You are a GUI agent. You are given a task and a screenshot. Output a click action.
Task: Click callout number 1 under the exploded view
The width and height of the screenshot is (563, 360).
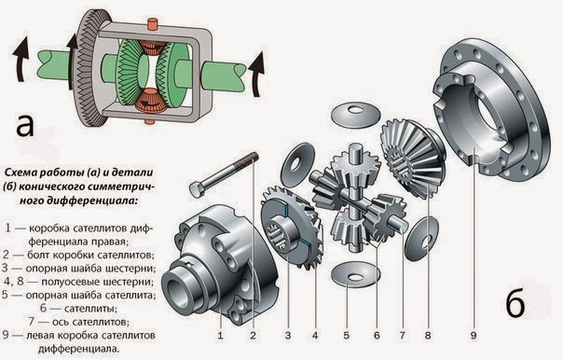pyautogui.click(x=220, y=336)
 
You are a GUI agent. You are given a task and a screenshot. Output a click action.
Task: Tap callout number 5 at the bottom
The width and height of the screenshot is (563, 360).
pyautogui.click(x=346, y=336)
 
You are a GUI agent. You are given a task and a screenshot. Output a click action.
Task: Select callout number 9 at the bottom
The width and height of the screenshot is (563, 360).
pyautogui.click(x=474, y=336)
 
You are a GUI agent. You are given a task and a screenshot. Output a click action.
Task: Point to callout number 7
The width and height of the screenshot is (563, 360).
pyautogui.click(x=402, y=336)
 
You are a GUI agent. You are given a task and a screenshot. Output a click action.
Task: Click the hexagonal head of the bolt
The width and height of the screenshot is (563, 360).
pyautogui.click(x=197, y=189)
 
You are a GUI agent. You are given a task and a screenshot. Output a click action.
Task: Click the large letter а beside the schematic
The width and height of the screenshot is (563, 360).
pyautogui.click(x=25, y=125)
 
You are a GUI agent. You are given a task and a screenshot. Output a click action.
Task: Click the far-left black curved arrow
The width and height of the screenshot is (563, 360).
pyautogui.click(x=21, y=60)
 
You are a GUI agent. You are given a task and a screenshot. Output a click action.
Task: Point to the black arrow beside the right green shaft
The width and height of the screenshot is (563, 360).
pyautogui.click(x=256, y=75)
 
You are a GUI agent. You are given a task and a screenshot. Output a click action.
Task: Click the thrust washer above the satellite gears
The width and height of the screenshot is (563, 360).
pyautogui.click(x=355, y=114)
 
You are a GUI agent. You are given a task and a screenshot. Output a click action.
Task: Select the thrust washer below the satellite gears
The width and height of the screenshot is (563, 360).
pyautogui.click(x=355, y=274)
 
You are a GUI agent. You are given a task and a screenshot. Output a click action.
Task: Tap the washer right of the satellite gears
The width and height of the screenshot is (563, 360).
pyautogui.click(x=421, y=239)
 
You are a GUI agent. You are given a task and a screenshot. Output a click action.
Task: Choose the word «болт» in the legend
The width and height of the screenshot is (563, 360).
pyautogui.click(x=38, y=255)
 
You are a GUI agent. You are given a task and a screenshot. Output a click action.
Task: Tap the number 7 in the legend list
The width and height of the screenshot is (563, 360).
pyautogui.click(x=32, y=322)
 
